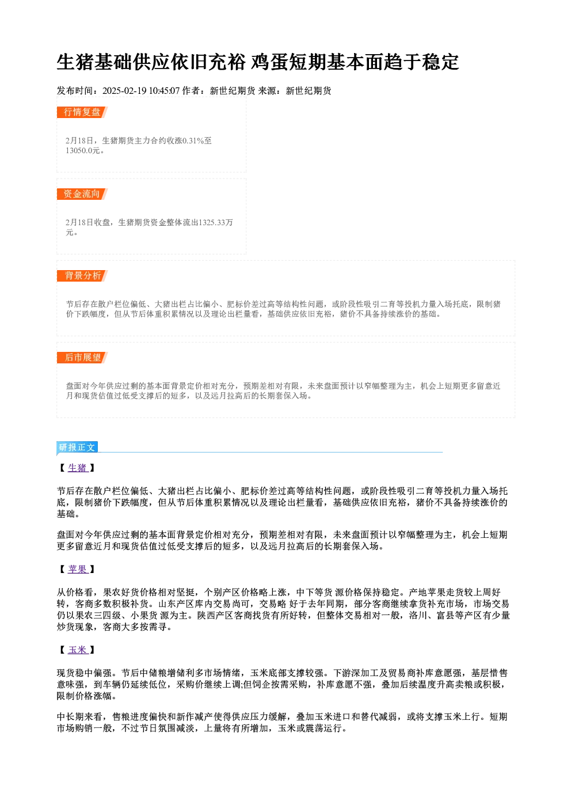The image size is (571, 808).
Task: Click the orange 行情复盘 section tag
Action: pyautogui.click(x=82, y=112)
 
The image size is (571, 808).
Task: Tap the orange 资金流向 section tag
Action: pyautogui.click(x=82, y=194)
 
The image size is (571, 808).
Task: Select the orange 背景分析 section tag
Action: pyautogui.click(x=82, y=276)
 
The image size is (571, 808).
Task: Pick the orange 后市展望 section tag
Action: pyautogui.click(x=82, y=358)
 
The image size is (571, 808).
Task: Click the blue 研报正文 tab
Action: pyautogui.click(x=77, y=447)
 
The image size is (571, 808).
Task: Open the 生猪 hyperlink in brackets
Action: pyautogui.click(x=78, y=468)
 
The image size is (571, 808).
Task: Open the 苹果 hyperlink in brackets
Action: pyautogui.click(x=78, y=569)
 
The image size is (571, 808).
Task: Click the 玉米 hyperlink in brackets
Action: pyautogui.click(x=78, y=650)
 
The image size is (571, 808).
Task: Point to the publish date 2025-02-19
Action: pyautogui.click(x=124, y=91)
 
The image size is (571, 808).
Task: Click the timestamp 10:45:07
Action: pyautogui.click(x=165, y=91)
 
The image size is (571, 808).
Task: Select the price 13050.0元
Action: pyautogui.click(x=82, y=151)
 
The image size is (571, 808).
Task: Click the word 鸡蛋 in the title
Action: pyautogui.click(x=270, y=62)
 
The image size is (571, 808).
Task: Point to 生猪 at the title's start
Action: pyautogui.click(x=76, y=62)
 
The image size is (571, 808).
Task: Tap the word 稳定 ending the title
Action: pyautogui.click(x=440, y=62)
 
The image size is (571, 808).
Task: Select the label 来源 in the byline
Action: pyautogui.click(x=267, y=91)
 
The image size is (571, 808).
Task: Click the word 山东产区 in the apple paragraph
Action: pyautogui.click(x=177, y=604)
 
